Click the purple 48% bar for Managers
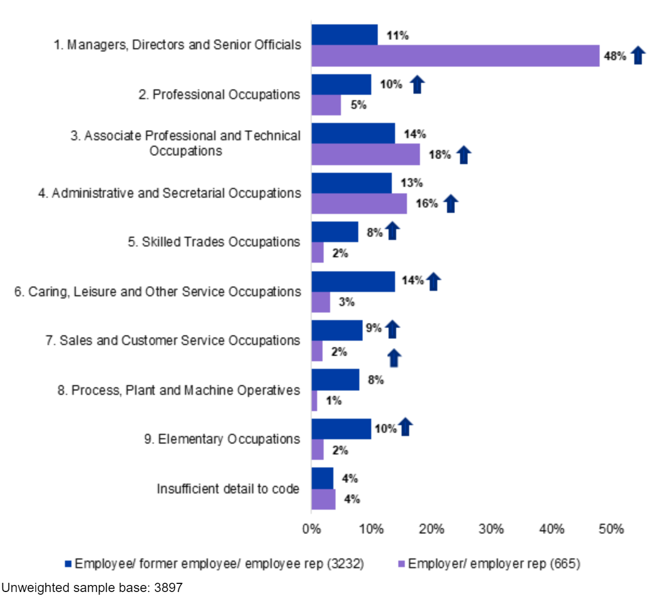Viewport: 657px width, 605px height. click(x=455, y=56)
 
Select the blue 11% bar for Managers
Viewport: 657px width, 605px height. click(x=344, y=35)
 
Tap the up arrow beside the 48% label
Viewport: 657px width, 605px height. click(x=638, y=55)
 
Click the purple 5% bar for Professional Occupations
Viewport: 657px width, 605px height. click(x=326, y=105)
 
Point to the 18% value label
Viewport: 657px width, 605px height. click(x=439, y=155)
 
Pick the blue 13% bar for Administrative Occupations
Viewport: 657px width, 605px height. click(x=351, y=183)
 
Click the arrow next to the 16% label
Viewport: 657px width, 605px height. click(x=451, y=204)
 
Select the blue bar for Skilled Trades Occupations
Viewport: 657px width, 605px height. click(x=334, y=232)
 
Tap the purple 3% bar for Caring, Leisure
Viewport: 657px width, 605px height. click(x=320, y=302)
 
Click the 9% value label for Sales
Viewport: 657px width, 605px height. click(x=373, y=328)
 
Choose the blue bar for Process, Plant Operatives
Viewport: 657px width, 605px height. click(x=335, y=380)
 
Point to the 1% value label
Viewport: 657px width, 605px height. click(x=333, y=401)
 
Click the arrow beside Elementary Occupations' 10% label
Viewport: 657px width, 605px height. click(x=405, y=427)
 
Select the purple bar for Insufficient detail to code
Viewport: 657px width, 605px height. click(x=323, y=499)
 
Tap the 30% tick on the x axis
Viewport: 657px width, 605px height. click(x=491, y=529)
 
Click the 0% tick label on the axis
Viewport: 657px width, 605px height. click(x=311, y=529)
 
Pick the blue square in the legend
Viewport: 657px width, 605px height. click(x=68, y=564)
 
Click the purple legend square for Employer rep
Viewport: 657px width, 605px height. click(x=401, y=564)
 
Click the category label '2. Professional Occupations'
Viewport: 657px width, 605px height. click(x=219, y=95)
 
